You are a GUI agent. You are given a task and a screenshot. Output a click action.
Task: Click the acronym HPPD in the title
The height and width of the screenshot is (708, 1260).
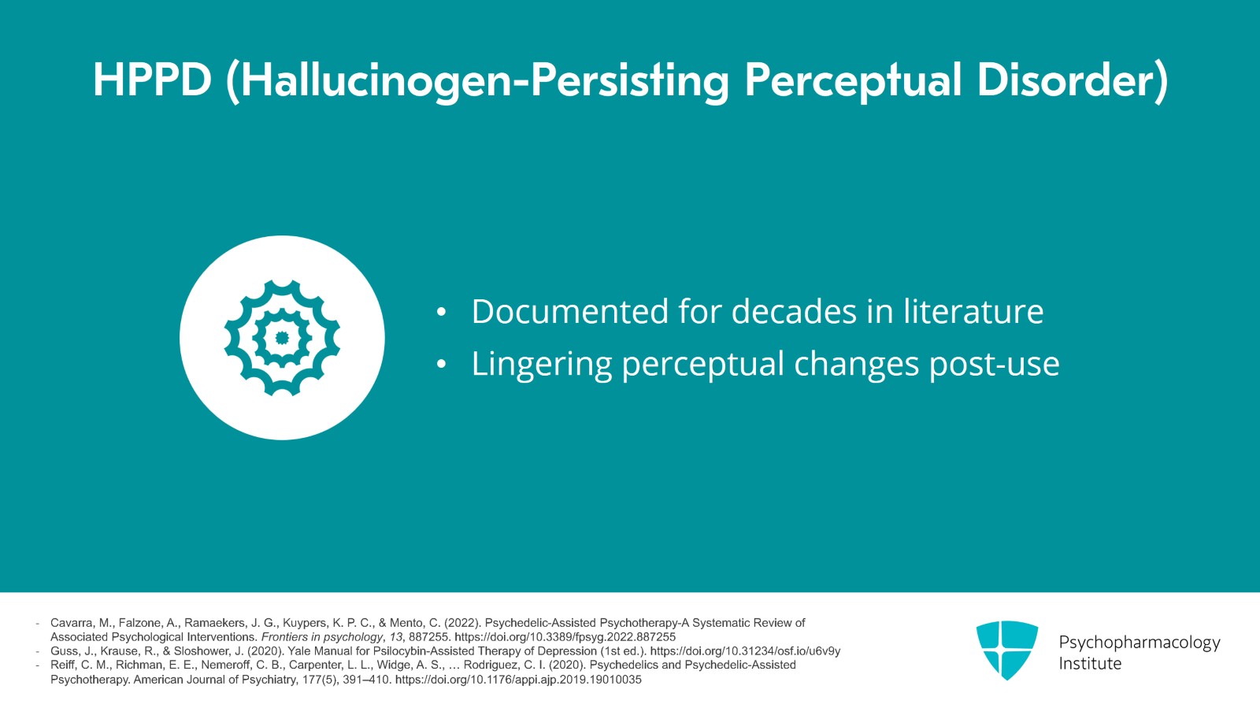153,80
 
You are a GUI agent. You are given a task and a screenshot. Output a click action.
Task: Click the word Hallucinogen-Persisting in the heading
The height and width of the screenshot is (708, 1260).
477,83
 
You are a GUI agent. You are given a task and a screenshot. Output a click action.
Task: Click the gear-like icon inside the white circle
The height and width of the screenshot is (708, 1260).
283,337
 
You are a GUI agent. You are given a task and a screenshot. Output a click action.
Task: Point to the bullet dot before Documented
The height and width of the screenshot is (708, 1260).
441,312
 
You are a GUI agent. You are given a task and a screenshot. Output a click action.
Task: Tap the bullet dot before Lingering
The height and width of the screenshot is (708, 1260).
441,365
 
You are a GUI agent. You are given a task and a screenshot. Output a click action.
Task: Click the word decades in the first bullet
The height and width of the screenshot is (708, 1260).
794,311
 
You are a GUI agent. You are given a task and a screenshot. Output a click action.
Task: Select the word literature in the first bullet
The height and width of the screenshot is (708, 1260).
973,311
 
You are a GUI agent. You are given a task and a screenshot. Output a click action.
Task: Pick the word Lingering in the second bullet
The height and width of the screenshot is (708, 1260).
542,365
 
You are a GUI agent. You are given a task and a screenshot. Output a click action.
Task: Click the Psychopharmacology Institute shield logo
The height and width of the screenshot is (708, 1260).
1007,650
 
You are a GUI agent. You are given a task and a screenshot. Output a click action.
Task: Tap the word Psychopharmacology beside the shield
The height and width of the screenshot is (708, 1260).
1140,643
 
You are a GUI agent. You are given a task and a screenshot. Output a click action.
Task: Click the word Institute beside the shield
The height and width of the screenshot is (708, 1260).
1090,664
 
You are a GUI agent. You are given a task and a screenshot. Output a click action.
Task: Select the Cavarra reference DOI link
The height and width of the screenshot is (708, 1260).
565,637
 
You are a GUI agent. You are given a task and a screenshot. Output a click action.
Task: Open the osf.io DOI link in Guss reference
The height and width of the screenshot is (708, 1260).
745,651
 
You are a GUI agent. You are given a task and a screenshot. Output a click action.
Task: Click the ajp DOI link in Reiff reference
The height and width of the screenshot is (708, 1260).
518,680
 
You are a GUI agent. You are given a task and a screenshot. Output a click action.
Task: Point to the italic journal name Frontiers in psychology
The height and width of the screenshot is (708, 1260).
322,637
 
